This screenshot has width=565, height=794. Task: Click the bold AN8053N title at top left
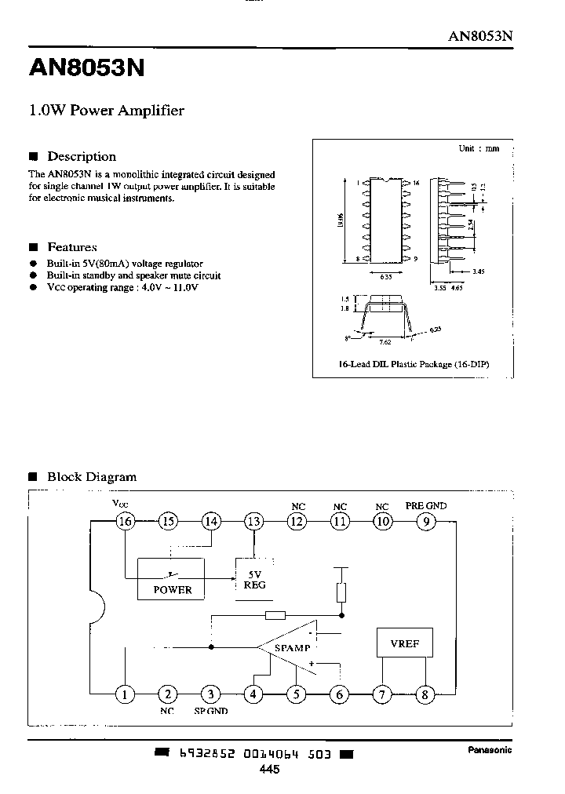click(x=86, y=69)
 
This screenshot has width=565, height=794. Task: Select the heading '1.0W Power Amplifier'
click(x=107, y=111)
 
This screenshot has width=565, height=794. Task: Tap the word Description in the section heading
click(x=82, y=156)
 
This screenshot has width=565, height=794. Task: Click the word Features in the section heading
click(x=72, y=246)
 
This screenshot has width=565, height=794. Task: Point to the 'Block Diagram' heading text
click(x=92, y=476)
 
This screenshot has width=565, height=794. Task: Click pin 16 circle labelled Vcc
click(x=124, y=521)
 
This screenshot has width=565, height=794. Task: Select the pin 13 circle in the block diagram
click(x=253, y=521)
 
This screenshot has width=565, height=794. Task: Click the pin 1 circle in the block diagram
click(x=124, y=694)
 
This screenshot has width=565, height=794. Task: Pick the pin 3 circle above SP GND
click(x=210, y=694)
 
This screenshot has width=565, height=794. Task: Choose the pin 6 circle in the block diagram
click(x=340, y=694)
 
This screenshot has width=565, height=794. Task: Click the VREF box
click(x=404, y=644)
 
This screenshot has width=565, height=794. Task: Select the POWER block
click(x=171, y=580)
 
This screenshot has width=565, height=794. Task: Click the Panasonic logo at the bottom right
click(x=490, y=750)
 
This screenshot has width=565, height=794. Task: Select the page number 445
click(x=268, y=770)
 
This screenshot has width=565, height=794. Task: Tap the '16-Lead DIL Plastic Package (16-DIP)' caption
click(x=411, y=365)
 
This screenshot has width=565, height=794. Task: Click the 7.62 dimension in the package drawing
click(x=385, y=343)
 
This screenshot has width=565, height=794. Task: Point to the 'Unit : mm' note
click(x=479, y=148)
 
